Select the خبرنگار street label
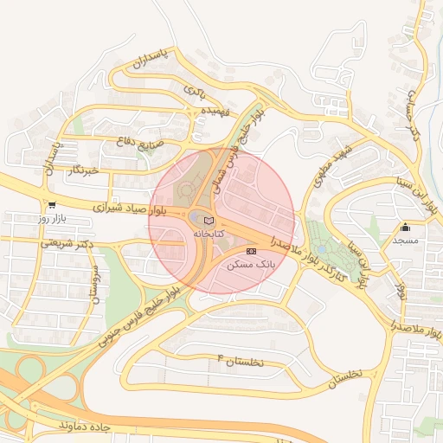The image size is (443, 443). [84, 170]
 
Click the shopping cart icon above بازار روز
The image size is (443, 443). [52, 205]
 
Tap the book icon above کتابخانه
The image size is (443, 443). [208, 221]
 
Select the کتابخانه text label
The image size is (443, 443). [208, 234]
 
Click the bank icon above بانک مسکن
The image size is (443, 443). [252, 251]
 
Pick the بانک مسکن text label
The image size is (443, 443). [252, 265]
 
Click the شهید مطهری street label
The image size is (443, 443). [332, 168]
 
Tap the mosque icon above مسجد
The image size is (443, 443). [406, 228]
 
